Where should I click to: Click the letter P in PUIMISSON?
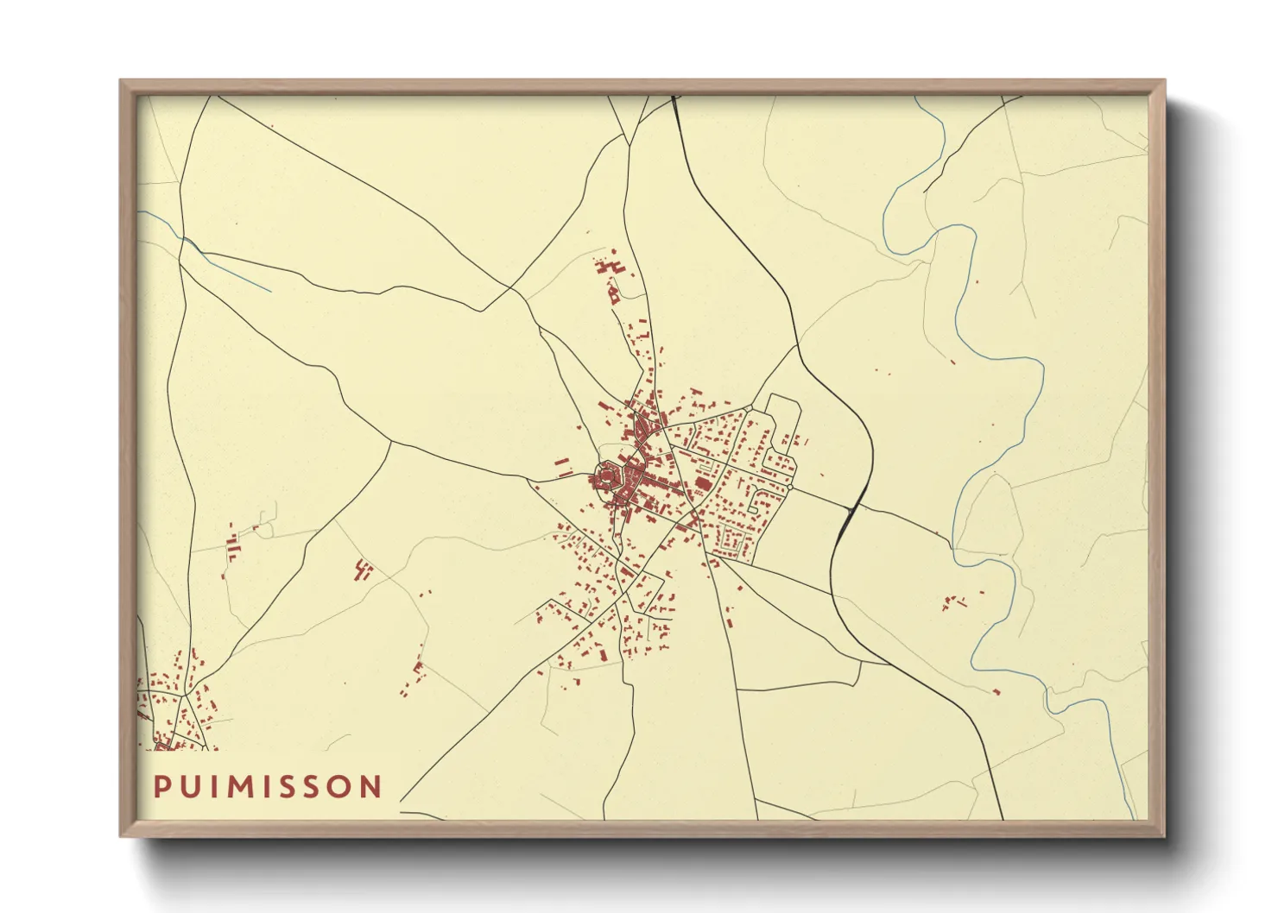click(161, 787)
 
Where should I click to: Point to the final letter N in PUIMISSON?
click(371, 787)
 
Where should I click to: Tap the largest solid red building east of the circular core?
click(704, 482)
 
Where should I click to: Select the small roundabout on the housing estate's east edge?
click(789, 488)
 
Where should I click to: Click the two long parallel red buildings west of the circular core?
click(562, 468)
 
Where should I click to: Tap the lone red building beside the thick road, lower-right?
click(996, 691)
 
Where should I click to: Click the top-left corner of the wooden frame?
click(122, 82)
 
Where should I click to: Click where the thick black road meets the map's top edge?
click(673, 97)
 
